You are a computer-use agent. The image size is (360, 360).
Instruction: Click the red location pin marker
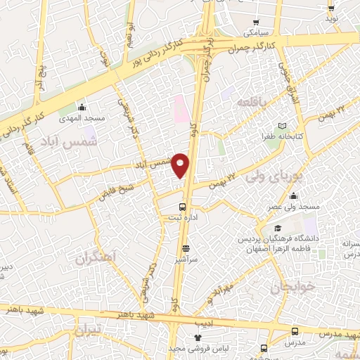[x=181, y=165]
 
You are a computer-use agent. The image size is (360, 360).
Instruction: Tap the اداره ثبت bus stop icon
[x=183, y=207]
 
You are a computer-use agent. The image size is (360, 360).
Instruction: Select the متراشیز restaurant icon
[x=186, y=248]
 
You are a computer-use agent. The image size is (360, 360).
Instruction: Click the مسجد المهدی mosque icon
[x=83, y=108]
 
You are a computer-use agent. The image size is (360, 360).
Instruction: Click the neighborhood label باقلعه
[x=252, y=103]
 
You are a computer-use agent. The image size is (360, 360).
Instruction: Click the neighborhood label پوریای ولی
[x=274, y=177]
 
